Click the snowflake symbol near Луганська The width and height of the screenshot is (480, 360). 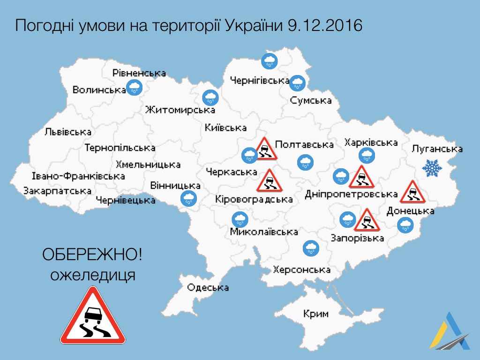point(432,168)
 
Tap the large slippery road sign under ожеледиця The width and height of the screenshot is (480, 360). point(93,317)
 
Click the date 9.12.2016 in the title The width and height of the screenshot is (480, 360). point(323,25)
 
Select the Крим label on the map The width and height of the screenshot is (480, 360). point(315,314)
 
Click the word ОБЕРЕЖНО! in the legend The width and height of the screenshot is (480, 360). point(92,255)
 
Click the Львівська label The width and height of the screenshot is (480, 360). point(68,132)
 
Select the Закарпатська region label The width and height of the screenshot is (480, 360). point(57,191)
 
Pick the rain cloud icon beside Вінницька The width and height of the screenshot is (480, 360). point(189,198)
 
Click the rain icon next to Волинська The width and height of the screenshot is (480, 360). point(135,87)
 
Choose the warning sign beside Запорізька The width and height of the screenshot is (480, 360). point(366,220)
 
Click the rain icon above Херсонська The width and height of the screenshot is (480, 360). point(310,248)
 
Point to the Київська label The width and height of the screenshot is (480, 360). point(225,127)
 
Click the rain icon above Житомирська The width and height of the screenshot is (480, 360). point(210,97)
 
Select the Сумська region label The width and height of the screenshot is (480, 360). point(311,100)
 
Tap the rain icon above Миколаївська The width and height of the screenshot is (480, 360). point(240,219)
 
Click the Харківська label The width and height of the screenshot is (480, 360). point(371,142)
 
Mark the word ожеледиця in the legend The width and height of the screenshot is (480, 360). point(93,275)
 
